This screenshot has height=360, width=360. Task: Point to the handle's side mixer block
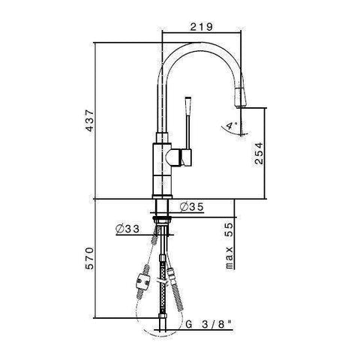[x=181, y=157]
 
